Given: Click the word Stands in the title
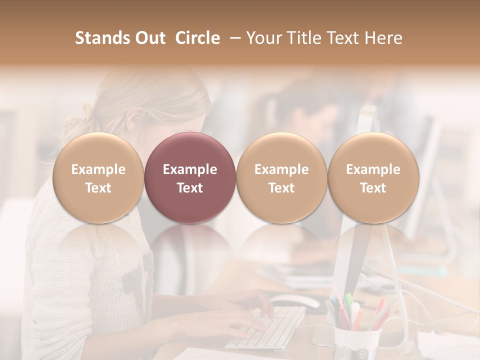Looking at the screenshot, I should [102, 38].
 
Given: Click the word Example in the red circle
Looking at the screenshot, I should [190, 169].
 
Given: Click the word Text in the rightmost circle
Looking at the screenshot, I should [373, 188].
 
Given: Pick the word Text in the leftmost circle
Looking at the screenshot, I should [98, 188].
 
